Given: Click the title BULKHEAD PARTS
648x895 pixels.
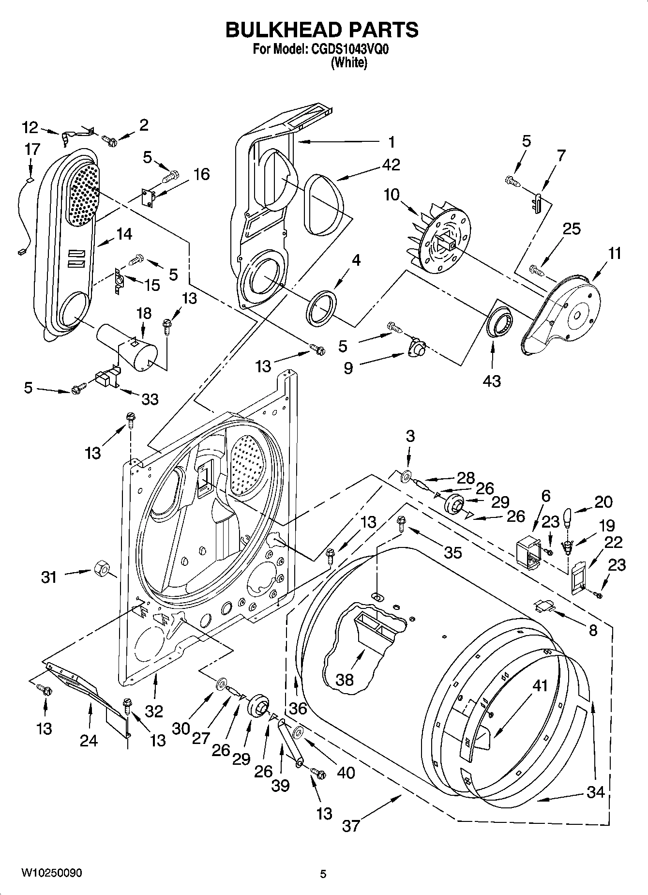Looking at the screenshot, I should pos(322,30).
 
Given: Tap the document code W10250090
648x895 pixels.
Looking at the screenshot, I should pos(51,873).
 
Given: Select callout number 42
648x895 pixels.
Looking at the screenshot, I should pos(391,165).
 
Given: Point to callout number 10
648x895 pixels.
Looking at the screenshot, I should pos(392,195).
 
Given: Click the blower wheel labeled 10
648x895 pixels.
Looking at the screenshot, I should pos(443,242).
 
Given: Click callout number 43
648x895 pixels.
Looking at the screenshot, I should pos(492,381).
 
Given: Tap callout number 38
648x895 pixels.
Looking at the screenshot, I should pos(345,680).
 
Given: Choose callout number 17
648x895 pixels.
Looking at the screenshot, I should pos(32,149).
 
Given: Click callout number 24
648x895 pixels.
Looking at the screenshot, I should pos(89,740).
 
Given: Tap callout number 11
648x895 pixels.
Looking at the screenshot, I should pos(614,253).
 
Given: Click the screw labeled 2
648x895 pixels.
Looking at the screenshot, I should pos(109,141).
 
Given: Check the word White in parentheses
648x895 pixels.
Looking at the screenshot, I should pos(348,63).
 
